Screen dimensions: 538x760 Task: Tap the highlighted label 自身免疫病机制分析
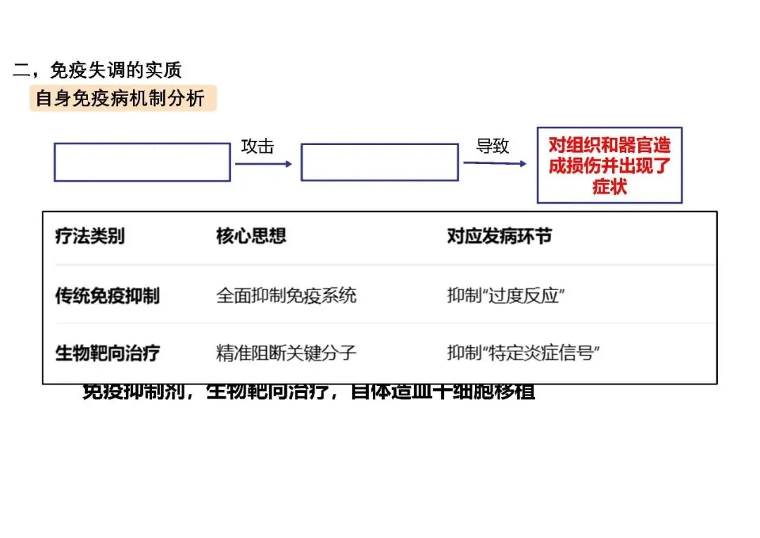[x=121, y=99]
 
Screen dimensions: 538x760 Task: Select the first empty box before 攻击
[x=142, y=162]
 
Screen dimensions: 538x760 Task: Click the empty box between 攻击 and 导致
[x=379, y=162]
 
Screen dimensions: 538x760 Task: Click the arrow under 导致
[x=494, y=163]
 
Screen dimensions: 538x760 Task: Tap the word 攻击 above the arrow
[x=258, y=146]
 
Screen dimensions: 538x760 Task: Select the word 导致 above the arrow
[x=493, y=146]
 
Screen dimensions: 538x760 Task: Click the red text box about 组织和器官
[x=609, y=165]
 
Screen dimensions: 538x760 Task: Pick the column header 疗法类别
[x=90, y=237]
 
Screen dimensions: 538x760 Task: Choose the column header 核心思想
[x=251, y=237]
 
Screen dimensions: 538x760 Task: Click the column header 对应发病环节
[x=499, y=237]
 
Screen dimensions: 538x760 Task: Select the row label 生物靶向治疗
[x=108, y=354]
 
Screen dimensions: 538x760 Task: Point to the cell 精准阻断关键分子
[x=286, y=354]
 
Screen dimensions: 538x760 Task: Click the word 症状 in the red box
[x=609, y=187]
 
